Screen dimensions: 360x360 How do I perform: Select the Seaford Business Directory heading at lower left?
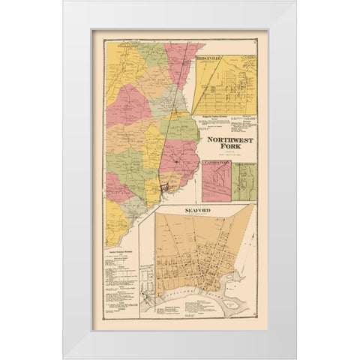tap(119, 253)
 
